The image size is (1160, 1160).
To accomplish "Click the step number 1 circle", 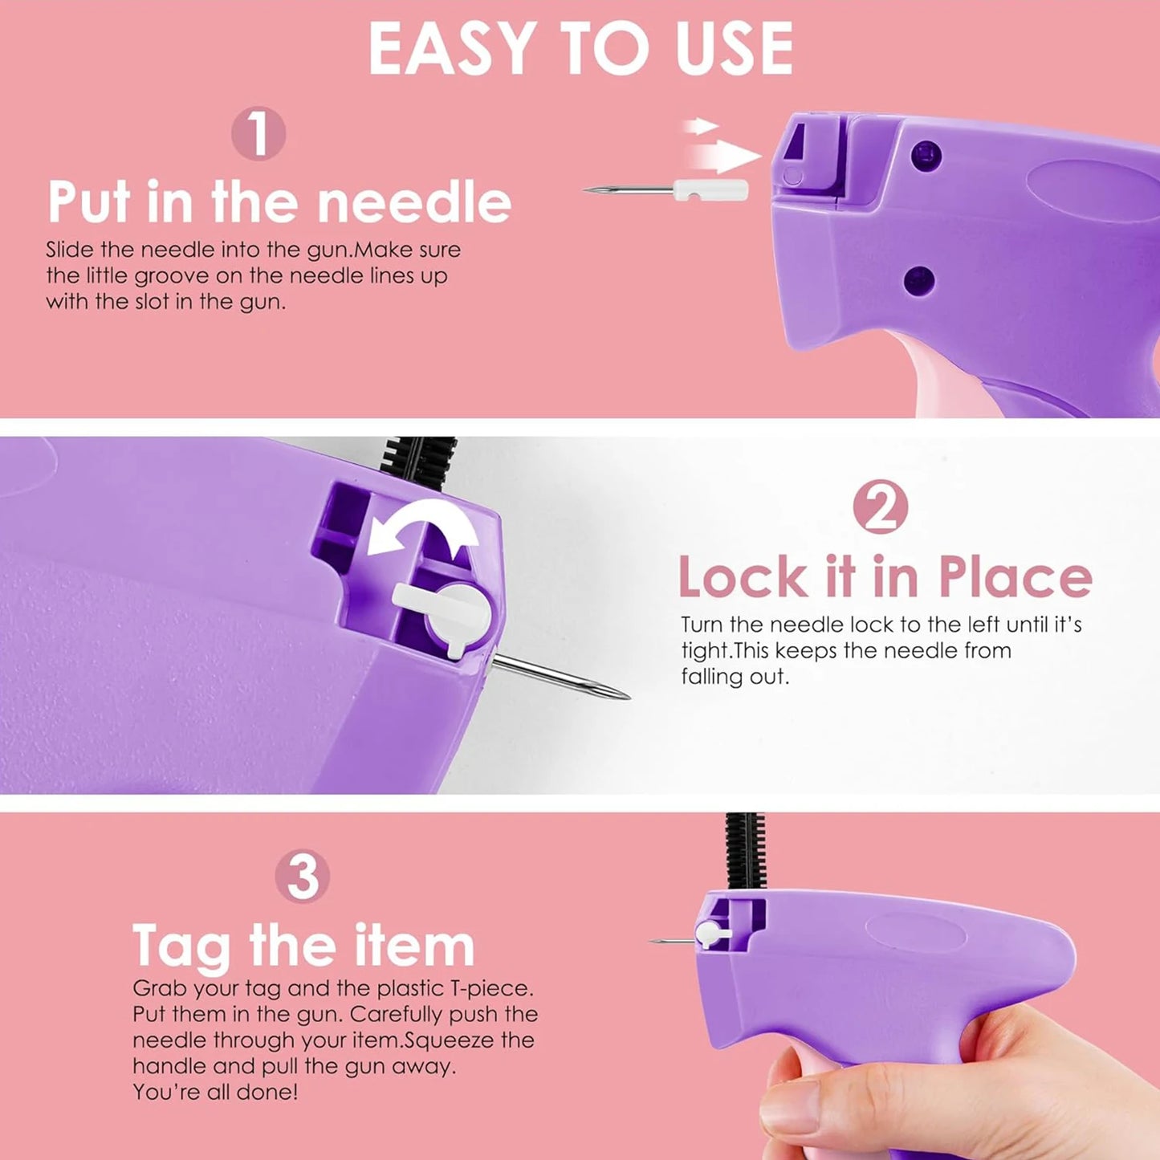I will [x=258, y=133].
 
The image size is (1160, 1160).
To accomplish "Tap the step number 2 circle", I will [x=881, y=507].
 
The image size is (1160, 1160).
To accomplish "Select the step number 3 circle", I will [x=303, y=877].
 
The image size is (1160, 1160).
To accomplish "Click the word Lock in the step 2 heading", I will [x=743, y=577].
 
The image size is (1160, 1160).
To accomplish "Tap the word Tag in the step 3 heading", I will [x=182, y=947].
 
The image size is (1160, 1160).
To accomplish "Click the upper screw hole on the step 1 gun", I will [x=927, y=152].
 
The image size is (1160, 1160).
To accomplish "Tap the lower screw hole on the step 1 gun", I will [x=918, y=280].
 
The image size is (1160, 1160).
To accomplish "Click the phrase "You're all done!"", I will [x=215, y=1092].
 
